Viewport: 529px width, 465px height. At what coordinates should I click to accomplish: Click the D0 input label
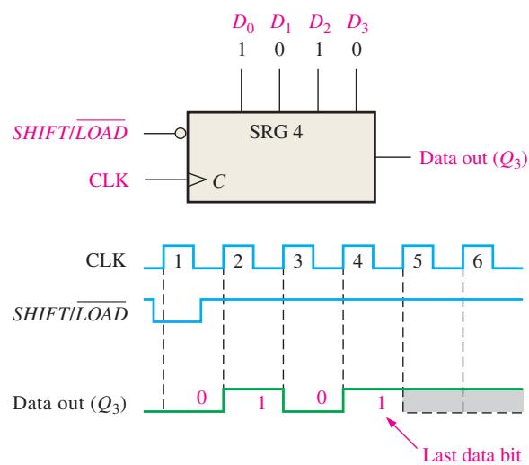click(243, 24)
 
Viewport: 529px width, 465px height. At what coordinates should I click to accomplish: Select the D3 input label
click(357, 24)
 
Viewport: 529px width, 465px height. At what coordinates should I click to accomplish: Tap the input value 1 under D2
click(319, 50)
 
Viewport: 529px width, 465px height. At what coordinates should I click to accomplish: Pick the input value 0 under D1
click(279, 50)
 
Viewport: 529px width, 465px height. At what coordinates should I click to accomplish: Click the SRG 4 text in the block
click(276, 132)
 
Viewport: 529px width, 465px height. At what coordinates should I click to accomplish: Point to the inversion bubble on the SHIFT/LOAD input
click(181, 134)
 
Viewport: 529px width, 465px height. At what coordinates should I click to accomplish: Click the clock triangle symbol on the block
click(197, 180)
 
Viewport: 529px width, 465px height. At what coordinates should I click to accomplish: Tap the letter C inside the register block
click(218, 181)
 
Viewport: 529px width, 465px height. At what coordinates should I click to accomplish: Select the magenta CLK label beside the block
click(109, 180)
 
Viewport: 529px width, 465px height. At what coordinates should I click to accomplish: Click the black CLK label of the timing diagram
click(106, 260)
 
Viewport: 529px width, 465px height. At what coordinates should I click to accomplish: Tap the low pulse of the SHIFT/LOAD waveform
click(178, 321)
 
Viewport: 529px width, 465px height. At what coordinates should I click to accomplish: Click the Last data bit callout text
click(472, 455)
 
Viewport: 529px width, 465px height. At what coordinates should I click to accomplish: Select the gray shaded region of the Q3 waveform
click(463, 401)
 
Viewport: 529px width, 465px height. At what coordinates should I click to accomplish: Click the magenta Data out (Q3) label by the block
click(473, 159)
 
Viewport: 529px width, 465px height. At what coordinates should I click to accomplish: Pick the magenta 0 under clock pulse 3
click(322, 398)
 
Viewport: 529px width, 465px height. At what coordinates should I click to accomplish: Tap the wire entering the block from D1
click(279, 90)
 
